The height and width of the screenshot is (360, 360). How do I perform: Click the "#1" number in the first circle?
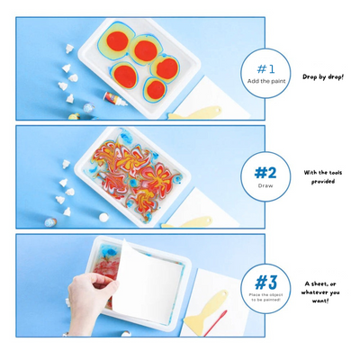pyautogui.click(x=265, y=68)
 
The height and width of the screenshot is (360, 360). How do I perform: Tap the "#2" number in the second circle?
pyautogui.click(x=265, y=172)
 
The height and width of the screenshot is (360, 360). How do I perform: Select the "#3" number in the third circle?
pyautogui.click(x=265, y=282)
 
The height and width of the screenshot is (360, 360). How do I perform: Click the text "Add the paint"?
pyautogui.click(x=265, y=81)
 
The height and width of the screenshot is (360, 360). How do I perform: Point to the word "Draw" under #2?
pyautogui.click(x=265, y=186)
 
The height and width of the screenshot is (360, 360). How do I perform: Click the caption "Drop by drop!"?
pyautogui.click(x=322, y=77)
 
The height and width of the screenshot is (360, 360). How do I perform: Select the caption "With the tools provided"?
pyautogui.click(x=321, y=177)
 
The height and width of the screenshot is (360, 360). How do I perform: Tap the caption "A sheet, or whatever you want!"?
pyautogui.click(x=321, y=292)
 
